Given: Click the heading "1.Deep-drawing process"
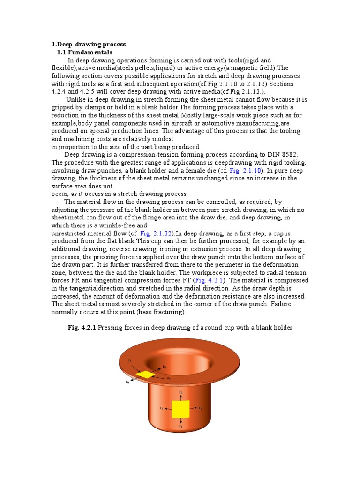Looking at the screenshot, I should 88,45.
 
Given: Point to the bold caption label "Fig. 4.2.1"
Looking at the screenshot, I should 82,328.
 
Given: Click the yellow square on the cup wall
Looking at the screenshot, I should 180,409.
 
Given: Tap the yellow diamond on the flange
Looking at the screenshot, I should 147,374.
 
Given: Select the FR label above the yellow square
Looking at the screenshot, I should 181,390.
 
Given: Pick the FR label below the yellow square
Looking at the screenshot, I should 181,427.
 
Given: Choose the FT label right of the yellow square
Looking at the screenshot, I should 200,409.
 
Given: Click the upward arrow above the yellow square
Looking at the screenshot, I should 180,397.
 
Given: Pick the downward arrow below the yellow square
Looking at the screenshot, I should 180,421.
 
